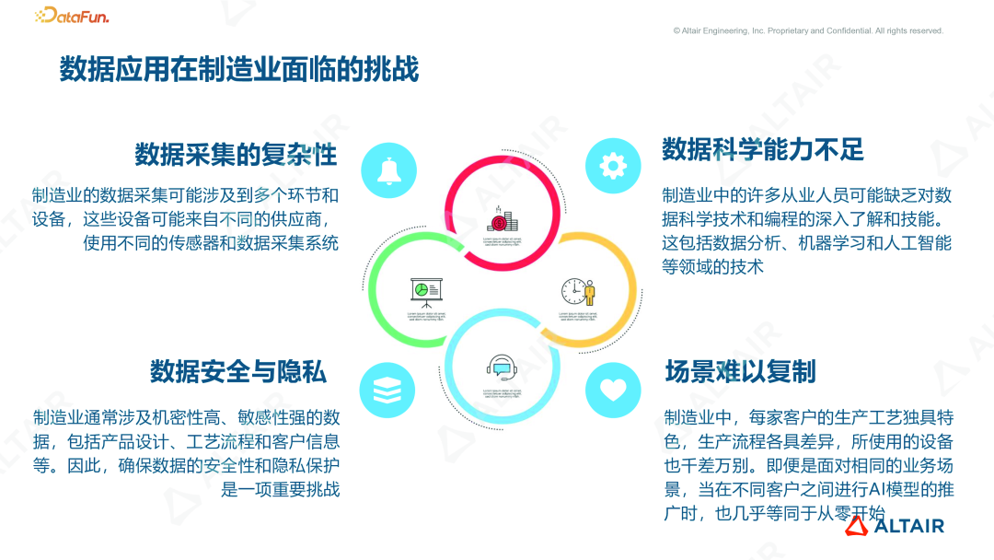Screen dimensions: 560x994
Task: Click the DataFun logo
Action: (x=71, y=16)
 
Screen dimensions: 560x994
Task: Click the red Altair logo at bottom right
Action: (x=896, y=526)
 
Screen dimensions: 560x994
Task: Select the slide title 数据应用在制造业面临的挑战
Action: (x=239, y=70)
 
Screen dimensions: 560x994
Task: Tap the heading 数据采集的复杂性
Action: (x=236, y=154)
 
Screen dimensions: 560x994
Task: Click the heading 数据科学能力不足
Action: (x=763, y=149)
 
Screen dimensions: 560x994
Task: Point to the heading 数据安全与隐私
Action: (x=238, y=371)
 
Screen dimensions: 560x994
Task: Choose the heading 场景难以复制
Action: (x=740, y=371)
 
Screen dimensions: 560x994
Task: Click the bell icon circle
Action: (x=387, y=170)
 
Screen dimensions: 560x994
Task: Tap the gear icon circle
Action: (x=613, y=166)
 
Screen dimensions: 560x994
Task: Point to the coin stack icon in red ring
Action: (x=498, y=220)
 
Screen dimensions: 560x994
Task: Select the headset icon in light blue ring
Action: (x=500, y=368)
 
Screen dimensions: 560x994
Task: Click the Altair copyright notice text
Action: (x=808, y=30)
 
